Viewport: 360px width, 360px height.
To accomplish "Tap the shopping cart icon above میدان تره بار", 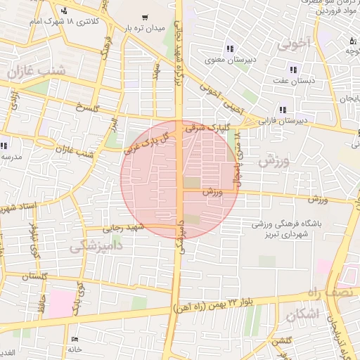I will pyautogui.click(x=145, y=17).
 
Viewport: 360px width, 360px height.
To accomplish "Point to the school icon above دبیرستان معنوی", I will pyautogui.click(x=229, y=49).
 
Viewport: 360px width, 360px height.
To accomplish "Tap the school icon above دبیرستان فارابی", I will pyautogui.click(x=283, y=110).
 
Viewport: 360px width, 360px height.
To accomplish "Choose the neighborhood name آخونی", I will pyautogui.click(x=293, y=45).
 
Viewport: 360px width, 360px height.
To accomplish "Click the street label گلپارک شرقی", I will pyautogui.click(x=205, y=129).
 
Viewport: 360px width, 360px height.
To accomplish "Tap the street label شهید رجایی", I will pyautogui.click(x=123, y=228).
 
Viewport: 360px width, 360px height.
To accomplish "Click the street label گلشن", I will pyautogui.click(x=283, y=340).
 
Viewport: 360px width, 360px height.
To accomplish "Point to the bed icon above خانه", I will pyautogui.click(x=75, y=337).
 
